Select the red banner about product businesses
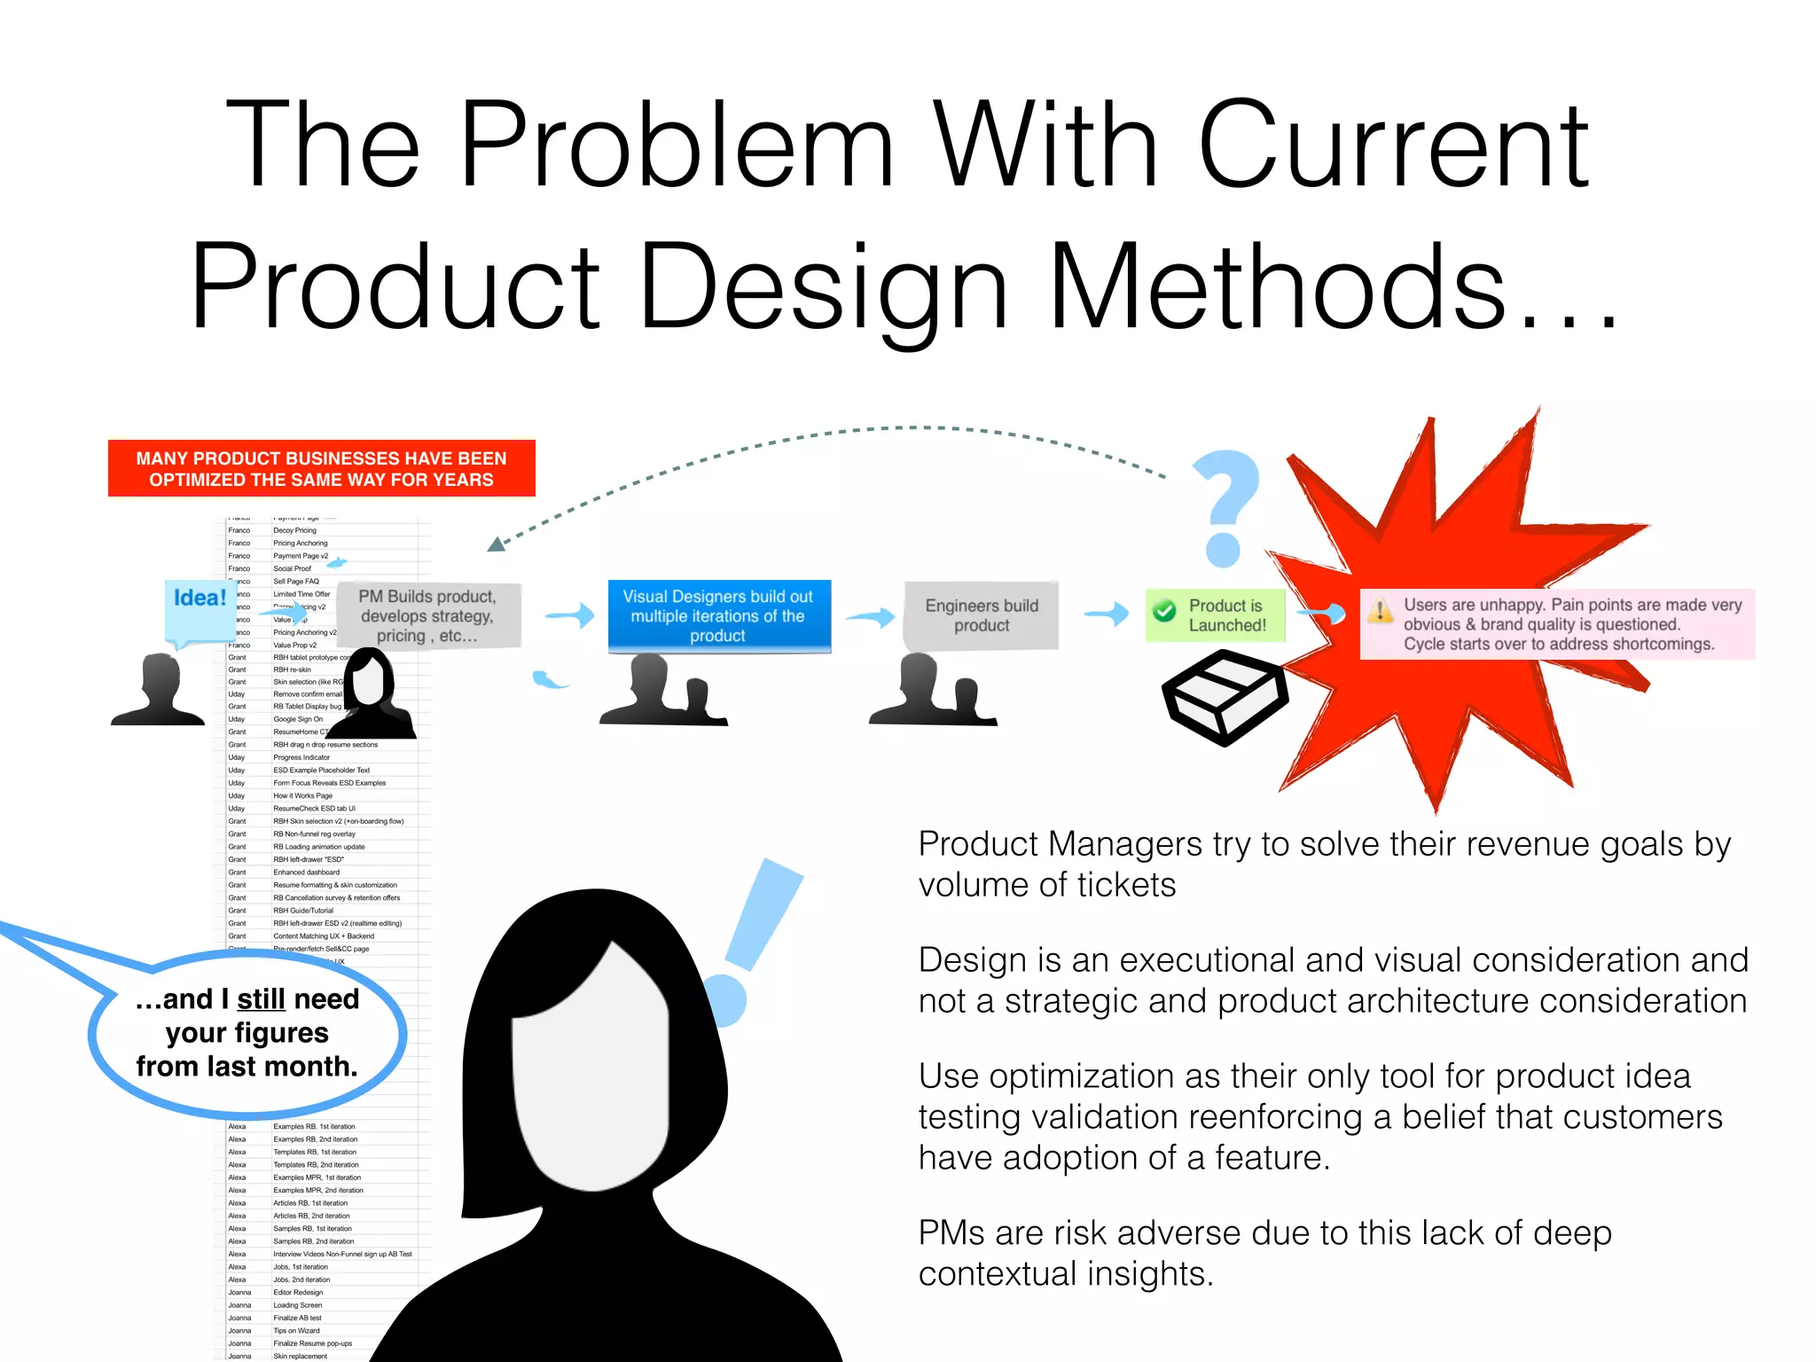(x=321, y=468)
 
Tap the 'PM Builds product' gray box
(x=427, y=615)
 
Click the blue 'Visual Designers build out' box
(x=718, y=615)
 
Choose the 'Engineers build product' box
(x=981, y=615)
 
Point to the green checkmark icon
(x=1164, y=610)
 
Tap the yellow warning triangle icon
(x=1380, y=611)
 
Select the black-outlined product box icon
(x=1225, y=697)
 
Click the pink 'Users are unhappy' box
(x=1558, y=624)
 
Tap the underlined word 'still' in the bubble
(x=261, y=999)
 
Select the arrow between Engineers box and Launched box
(x=1107, y=613)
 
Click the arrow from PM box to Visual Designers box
(x=568, y=614)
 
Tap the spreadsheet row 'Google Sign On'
(x=298, y=719)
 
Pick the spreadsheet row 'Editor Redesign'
(x=298, y=1292)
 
